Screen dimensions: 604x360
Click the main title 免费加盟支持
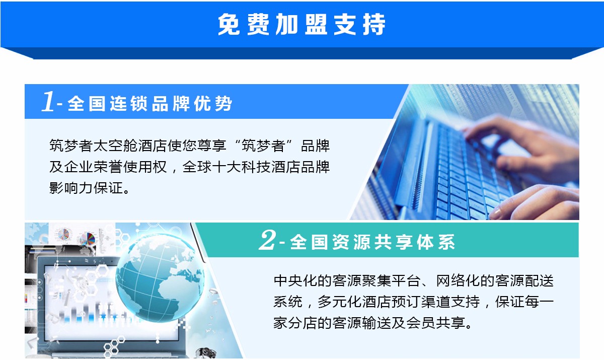click(301, 24)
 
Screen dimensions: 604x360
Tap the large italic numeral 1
click(48, 101)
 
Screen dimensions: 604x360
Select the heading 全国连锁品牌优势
click(150, 104)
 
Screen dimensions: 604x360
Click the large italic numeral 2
click(267, 240)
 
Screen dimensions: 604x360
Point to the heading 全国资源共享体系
click(372, 242)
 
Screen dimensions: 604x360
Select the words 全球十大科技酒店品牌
click(256, 167)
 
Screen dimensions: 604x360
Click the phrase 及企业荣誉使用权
click(108, 167)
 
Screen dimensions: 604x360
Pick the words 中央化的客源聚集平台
click(347, 280)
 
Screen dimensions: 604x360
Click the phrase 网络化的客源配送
click(495, 280)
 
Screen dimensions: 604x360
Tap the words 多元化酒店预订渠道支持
click(399, 302)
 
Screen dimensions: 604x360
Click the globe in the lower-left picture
click(160, 278)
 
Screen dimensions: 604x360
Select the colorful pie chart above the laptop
click(88, 239)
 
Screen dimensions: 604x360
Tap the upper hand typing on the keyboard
click(520, 146)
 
